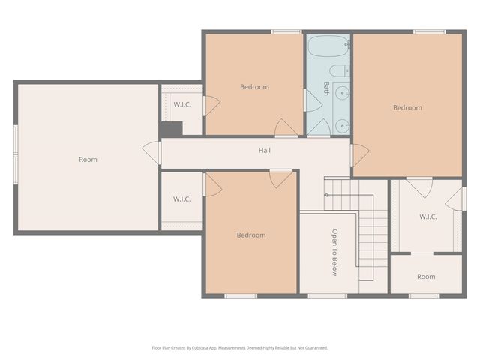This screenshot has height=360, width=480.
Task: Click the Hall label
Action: pyautogui.click(x=265, y=151)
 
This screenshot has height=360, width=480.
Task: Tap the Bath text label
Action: pyautogui.click(x=327, y=88)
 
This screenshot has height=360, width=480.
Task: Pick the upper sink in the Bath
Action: pyautogui.click(x=342, y=93)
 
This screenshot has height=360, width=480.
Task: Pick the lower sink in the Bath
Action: pyautogui.click(x=342, y=125)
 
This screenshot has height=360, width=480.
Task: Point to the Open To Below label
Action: pyautogui.click(x=335, y=252)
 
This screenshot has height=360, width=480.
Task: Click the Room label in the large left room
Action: pyautogui.click(x=88, y=159)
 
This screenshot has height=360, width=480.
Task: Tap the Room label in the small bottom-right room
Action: pyautogui.click(x=426, y=277)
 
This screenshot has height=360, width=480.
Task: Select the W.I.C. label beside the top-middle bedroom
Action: pyautogui.click(x=182, y=104)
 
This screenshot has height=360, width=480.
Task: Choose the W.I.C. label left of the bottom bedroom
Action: pyautogui.click(x=181, y=199)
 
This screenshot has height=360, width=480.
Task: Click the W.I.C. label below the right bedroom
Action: pyautogui.click(x=427, y=217)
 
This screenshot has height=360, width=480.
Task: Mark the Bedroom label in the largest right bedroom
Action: pyautogui.click(x=407, y=107)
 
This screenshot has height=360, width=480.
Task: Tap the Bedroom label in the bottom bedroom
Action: pyautogui.click(x=251, y=235)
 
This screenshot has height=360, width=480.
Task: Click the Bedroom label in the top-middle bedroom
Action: pyautogui.click(x=254, y=87)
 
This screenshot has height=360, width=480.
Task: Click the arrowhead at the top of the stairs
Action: pyautogui.click(x=326, y=196)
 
